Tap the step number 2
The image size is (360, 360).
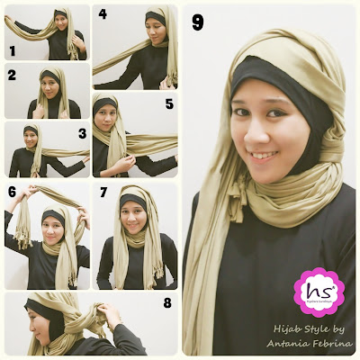click(12, 76)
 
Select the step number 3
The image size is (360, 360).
click(82, 134)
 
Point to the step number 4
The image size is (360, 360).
click(102, 14)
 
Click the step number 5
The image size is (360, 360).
click(167, 103)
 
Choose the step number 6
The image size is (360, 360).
click(13, 192)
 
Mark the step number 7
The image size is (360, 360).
click(103, 193)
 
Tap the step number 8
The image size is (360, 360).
click(166, 302)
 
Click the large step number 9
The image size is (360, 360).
click(198, 22)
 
